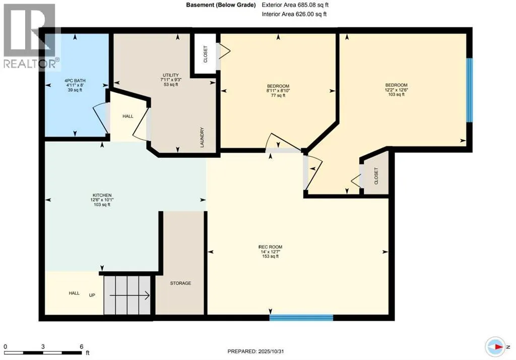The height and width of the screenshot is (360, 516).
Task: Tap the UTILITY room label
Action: coord(167,75)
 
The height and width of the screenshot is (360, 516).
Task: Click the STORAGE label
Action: coord(180,283)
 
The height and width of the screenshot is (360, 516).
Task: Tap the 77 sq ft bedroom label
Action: coord(277,85)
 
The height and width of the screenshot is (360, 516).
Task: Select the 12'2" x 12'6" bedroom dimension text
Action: coord(396,90)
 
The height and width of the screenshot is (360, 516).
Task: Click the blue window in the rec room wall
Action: coord(301,318)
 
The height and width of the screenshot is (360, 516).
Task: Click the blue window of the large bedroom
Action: coord(469,90)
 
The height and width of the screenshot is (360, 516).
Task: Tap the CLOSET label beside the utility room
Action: coord(205,54)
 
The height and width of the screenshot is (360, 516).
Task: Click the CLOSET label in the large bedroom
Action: coord(376,176)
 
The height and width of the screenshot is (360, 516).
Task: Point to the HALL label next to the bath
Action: coord(127,116)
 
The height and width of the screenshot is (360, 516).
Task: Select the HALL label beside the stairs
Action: coord(74,293)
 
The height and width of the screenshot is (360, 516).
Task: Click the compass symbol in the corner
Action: coord(496,347)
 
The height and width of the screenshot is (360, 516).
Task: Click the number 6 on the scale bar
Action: coord(81,347)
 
